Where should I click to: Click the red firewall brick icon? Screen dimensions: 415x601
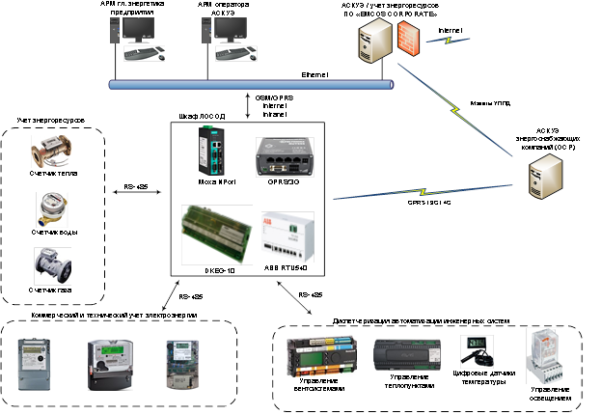coord(407,38)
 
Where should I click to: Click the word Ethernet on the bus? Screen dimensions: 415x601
coord(316,74)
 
